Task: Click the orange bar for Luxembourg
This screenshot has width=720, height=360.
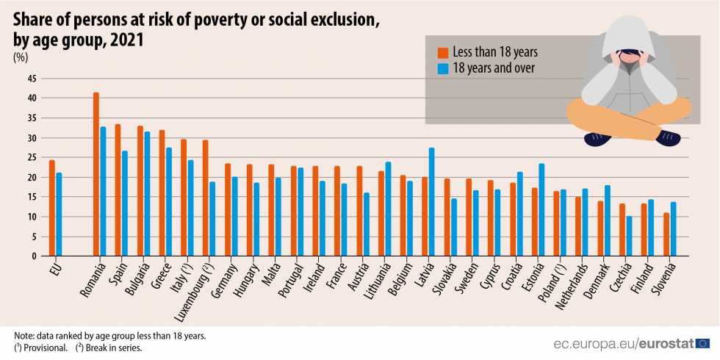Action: coord(206,198)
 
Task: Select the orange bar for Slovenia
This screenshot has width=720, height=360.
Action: coord(666,234)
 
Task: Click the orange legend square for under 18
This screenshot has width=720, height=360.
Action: coord(443,52)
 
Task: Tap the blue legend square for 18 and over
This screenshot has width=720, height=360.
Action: coord(443,68)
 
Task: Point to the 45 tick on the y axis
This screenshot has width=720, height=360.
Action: coord(32,79)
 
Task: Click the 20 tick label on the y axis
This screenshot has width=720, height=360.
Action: coord(32,178)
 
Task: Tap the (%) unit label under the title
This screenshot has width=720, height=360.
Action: coord(21,57)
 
